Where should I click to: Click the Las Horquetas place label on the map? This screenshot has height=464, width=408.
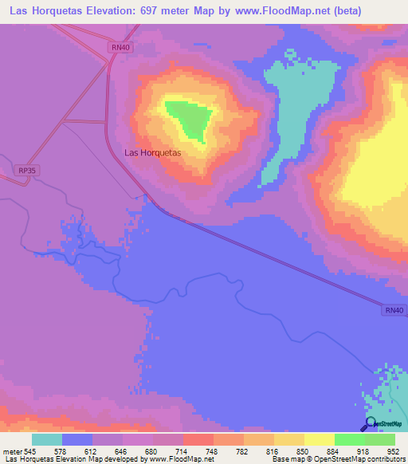[x=153, y=152]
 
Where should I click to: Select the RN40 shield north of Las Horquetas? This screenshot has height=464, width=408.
[x=120, y=48]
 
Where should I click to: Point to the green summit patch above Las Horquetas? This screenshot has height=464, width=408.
[x=191, y=118]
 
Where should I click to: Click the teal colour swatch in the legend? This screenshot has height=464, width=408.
[x=47, y=439]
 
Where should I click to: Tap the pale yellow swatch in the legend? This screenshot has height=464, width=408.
[x=320, y=439]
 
